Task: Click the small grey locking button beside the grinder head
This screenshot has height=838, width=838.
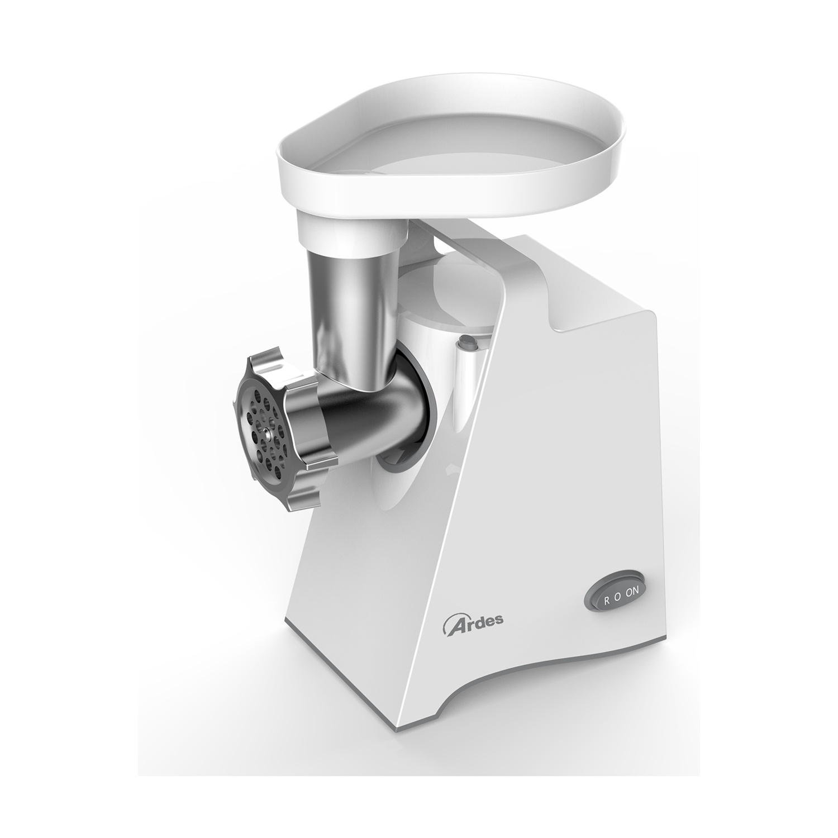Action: point(466,343)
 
